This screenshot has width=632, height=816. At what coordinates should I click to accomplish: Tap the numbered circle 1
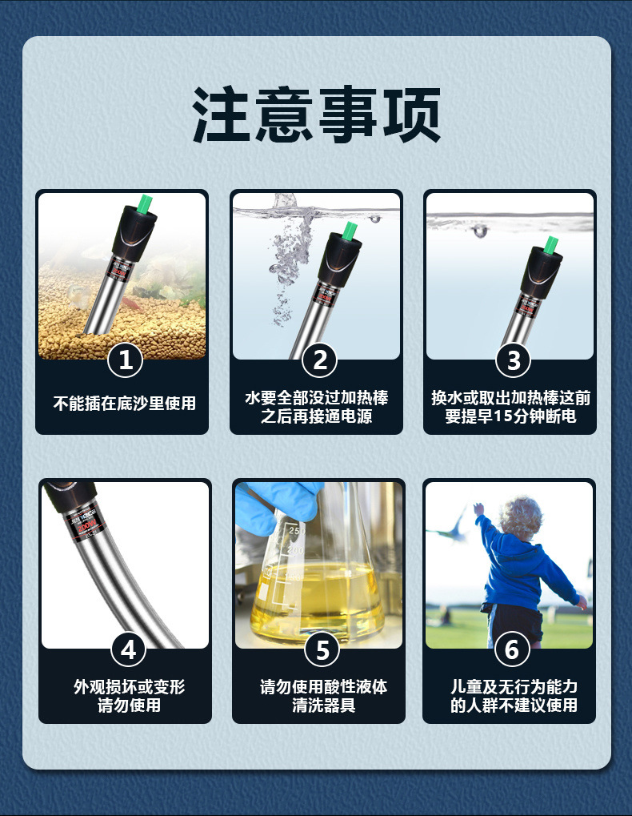point(125,360)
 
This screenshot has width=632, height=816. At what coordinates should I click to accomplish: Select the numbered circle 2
point(319,360)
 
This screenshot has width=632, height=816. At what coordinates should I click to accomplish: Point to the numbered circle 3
point(513,360)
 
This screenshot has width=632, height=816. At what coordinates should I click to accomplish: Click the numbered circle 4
point(128,649)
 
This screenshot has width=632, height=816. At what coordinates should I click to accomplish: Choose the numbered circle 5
point(322,649)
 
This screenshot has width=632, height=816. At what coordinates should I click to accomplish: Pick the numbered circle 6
point(512,649)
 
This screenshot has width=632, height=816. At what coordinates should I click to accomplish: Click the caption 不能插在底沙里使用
point(124,403)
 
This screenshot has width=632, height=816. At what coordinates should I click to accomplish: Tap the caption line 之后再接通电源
point(316,417)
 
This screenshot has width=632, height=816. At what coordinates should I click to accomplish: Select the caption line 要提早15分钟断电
point(510,417)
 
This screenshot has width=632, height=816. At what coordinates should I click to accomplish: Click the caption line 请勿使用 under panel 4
point(129,705)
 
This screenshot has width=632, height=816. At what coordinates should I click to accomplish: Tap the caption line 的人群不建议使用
point(513,705)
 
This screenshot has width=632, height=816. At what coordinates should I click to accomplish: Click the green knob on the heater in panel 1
point(145,205)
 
